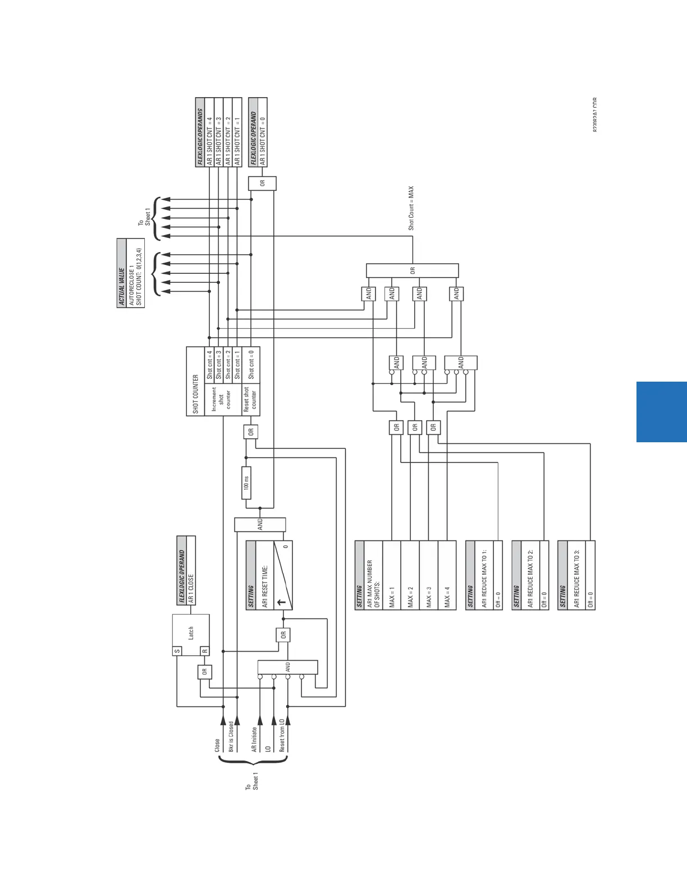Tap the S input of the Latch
177,651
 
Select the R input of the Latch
205,651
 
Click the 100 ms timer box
246,483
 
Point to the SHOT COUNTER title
195,394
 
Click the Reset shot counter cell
250,399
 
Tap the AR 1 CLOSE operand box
191,588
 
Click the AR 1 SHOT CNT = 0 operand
262,136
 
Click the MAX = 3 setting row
429,597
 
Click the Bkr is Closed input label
231,736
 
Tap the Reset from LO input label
282,735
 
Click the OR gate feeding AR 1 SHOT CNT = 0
262,184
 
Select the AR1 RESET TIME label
265,586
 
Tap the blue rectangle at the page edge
662,412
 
